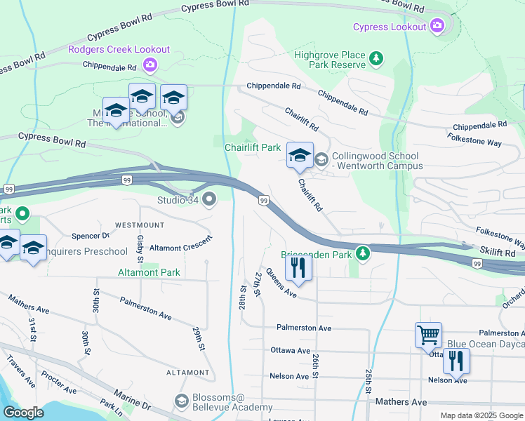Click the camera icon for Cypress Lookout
[x=438, y=27]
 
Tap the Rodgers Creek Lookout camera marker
[x=149, y=65]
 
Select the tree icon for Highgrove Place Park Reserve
[x=377, y=58]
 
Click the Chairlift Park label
[x=252, y=147]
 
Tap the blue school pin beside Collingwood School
[x=300, y=156]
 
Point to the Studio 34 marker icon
[x=209, y=201]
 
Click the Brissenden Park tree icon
[x=362, y=253]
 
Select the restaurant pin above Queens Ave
[x=298, y=269]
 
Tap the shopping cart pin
[x=428, y=335]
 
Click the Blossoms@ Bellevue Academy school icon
[x=181, y=401]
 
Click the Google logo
[x=23, y=413]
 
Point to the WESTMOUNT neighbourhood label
[x=139, y=225]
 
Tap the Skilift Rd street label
[x=499, y=249]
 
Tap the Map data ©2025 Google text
[x=481, y=415]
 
